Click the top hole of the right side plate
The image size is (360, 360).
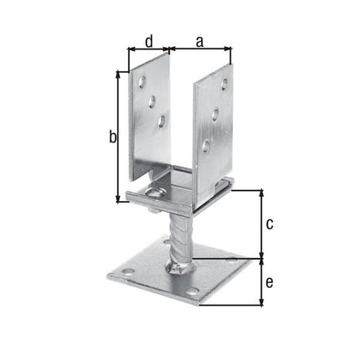pyautogui.click(x=224, y=82)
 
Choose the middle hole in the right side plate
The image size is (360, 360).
pyautogui.click(x=216, y=114)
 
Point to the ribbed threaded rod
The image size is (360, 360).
pyautogui.click(x=183, y=235)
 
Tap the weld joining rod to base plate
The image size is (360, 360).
pyautogui.click(x=179, y=267)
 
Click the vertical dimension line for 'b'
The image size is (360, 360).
pyautogui.click(x=117, y=136)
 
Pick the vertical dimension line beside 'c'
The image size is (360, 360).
pyautogui.click(x=261, y=224)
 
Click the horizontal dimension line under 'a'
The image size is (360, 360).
pyautogui.click(x=200, y=49)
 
